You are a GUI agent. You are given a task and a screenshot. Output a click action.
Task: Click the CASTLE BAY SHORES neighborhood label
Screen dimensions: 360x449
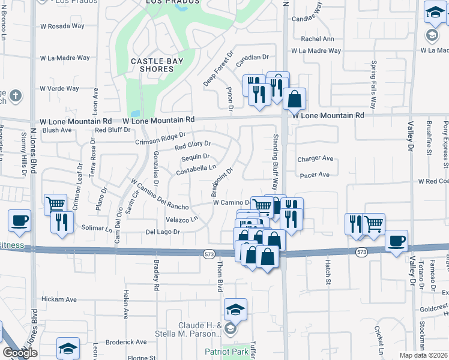(153, 65)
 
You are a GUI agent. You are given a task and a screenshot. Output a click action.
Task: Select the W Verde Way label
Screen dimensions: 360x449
(59, 89)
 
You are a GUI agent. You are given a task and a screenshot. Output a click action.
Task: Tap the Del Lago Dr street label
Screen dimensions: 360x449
(163, 232)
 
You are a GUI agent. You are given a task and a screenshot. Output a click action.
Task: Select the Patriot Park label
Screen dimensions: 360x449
(223, 351)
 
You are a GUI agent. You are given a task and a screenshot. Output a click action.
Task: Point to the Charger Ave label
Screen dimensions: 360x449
(315, 159)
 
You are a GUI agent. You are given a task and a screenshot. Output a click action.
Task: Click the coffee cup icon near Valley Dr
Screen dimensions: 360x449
(397, 241)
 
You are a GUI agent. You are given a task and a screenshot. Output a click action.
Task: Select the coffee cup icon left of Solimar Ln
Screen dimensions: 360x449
(20, 220)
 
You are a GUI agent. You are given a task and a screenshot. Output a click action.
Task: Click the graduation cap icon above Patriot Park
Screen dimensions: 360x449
(236, 310)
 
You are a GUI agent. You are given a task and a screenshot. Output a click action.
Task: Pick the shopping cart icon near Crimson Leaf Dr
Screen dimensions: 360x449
(55, 205)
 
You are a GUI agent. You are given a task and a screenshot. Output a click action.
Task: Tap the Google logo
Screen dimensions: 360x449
(20, 353)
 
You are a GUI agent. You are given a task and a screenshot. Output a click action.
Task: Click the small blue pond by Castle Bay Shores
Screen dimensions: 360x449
(135, 113)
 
